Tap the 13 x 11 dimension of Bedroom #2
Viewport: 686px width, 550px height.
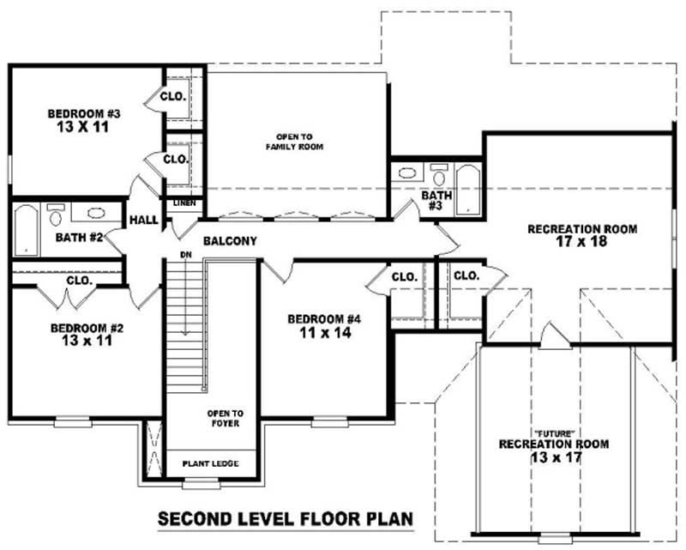point(81,341)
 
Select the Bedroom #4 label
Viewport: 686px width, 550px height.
point(324,319)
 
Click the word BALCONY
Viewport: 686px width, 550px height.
point(230,242)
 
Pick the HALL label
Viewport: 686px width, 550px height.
point(143,221)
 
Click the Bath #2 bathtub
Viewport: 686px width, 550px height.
point(27,229)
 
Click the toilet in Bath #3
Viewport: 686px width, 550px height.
point(439,176)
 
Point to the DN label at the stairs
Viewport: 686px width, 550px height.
point(184,255)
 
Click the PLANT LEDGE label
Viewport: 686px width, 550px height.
point(210,464)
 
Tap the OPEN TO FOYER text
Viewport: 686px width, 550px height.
point(225,418)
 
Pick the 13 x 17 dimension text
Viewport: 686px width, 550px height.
point(555,457)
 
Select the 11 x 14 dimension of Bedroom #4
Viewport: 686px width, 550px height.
point(324,333)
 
